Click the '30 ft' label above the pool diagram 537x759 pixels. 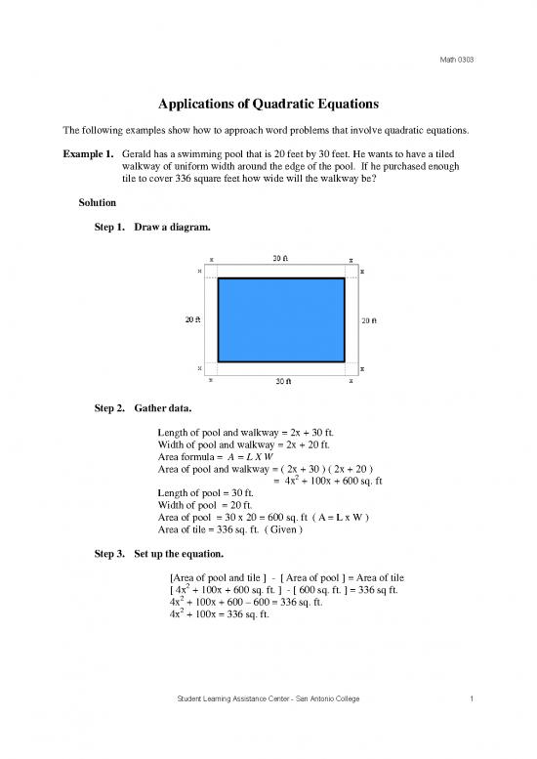coord(279,259)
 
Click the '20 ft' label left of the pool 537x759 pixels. coord(194,319)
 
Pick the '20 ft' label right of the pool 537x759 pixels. coord(368,319)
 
